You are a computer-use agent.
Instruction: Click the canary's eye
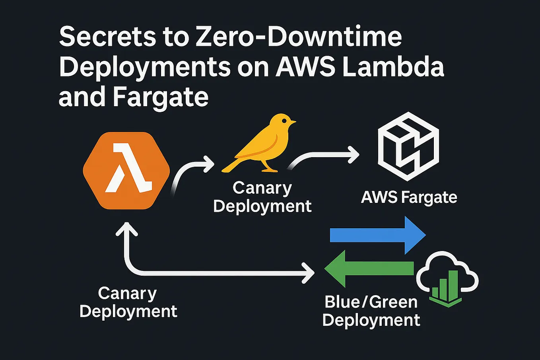coord(283,120)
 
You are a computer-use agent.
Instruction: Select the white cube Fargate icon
coord(408,146)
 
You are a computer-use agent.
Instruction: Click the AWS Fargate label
coord(409,197)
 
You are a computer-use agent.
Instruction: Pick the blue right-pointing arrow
coord(378,235)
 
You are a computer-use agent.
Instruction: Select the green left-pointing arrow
coord(369,269)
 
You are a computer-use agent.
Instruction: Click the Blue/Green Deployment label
coord(371,311)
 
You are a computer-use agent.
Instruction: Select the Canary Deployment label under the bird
coord(262,197)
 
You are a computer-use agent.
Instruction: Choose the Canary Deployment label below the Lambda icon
coord(128,302)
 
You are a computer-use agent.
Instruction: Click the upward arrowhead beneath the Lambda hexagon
coord(126,230)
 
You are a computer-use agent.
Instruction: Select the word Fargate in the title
coord(161,96)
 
